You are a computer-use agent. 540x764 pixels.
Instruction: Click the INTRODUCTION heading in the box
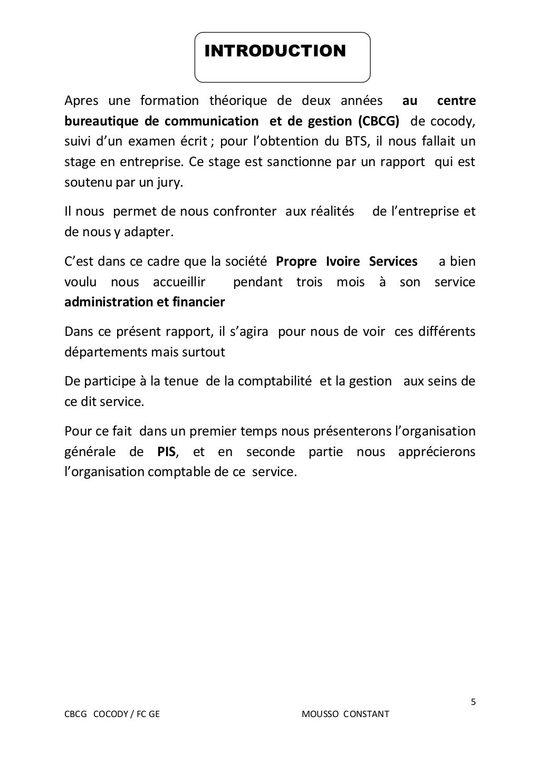click(275, 51)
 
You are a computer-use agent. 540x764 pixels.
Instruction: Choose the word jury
click(172, 182)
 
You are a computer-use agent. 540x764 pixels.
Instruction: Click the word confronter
click(245, 211)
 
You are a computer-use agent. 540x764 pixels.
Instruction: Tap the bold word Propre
click(296, 262)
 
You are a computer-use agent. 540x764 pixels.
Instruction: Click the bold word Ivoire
click(343, 262)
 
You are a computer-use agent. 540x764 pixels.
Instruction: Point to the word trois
click(309, 282)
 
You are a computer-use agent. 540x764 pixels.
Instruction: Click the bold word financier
click(198, 302)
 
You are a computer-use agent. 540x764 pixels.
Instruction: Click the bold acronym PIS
click(167, 452)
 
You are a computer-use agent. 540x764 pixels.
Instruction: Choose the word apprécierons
click(437, 452)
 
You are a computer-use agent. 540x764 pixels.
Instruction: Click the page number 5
click(473, 702)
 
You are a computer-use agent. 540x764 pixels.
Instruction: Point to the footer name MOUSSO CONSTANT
click(345, 714)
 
